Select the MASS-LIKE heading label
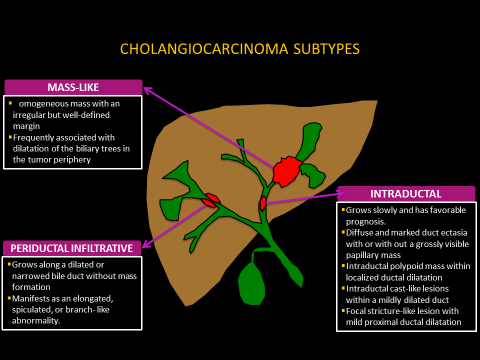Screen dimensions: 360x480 [x=73, y=87]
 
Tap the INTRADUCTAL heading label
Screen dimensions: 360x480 [x=405, y=194]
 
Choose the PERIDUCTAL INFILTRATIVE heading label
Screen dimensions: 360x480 [x=72, y=248]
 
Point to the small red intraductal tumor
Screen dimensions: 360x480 [x=262, y=203]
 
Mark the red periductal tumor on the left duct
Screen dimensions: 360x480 [x=210, y=200]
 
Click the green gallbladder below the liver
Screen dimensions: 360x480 [x=255, y=283]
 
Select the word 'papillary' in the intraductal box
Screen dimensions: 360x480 [x=364, y=255]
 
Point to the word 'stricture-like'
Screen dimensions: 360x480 [x=392, y=311]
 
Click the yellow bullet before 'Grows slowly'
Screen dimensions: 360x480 [x=343, y=210]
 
